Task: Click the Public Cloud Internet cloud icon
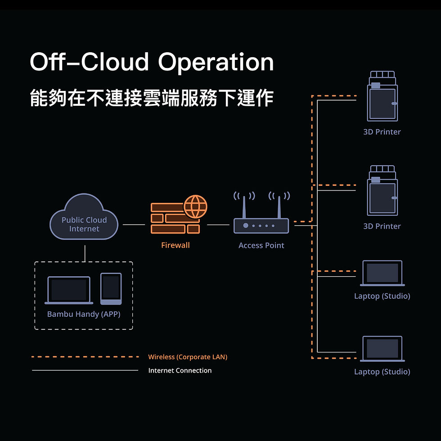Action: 84,218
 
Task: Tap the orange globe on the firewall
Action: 195,207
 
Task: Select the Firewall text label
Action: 175,245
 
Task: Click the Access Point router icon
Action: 261,225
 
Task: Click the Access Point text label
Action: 261,245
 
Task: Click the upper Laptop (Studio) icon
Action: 382,273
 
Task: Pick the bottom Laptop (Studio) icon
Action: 382,348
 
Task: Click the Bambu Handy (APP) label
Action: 84,314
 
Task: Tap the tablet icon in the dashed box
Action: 111,288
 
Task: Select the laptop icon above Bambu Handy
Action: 68,290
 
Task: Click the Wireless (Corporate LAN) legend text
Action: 188,357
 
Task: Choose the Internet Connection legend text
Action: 180,371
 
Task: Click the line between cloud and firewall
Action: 134,225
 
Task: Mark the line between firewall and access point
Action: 218,225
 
